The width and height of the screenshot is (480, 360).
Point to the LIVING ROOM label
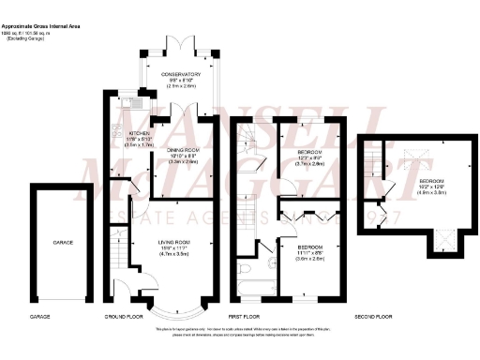(x=173, y=242)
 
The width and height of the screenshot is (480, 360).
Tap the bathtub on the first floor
(x=250, y=288)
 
